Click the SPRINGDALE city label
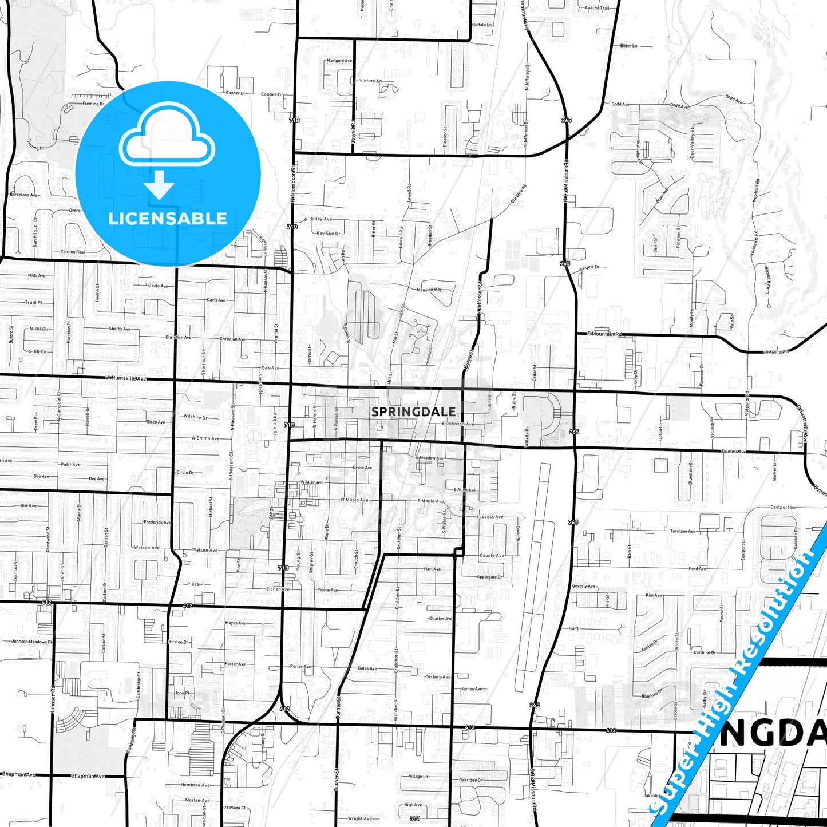coord(413,411)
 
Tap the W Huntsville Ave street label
coord(126,378)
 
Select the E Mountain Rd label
coord(604,334)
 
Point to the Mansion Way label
coord(429,290)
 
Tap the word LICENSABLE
coord(168,219)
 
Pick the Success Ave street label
coord(490,516)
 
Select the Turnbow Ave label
coord(683,531)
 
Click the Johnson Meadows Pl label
coord(32,642)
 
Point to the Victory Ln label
coord(370,81)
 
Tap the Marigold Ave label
coord(339,60)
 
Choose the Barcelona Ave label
coord(24,195)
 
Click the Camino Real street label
coord(73,251)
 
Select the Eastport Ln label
coord(783,507)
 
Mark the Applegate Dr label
coord(489,577)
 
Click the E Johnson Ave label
coord(458,424)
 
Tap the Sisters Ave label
coord(438,676)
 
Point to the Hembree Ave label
coord(195,785)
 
